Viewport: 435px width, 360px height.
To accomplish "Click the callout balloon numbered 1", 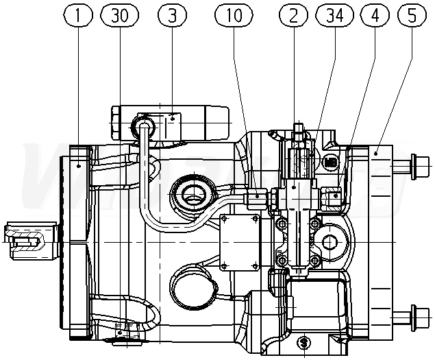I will pos(80,14).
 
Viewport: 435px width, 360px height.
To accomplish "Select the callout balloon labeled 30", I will pos(119,14).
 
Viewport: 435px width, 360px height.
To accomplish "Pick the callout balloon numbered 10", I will pos(234,14).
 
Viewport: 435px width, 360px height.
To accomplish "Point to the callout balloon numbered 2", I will pos(293,14).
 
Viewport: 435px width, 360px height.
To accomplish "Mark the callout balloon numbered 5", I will pos(411,14).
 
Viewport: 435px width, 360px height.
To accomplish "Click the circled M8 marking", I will pos(331,163).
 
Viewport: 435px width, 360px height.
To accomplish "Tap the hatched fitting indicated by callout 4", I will pos(335,197).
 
